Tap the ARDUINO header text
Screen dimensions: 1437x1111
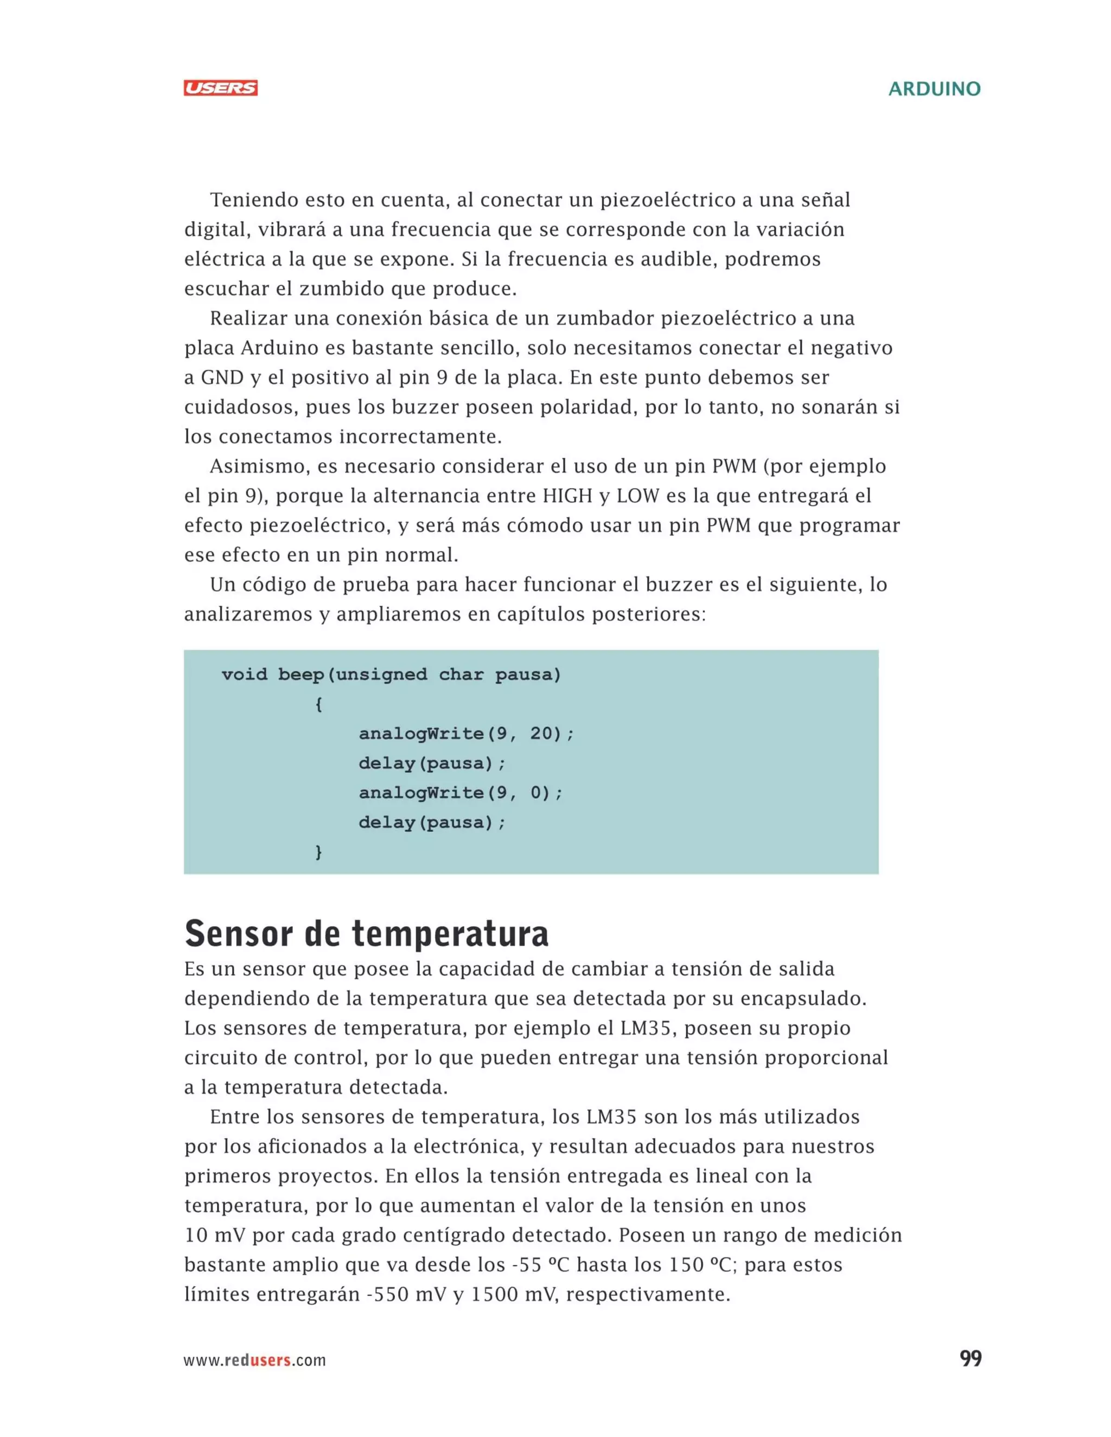coord(934,89)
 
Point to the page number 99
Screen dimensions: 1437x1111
coord(970,1359)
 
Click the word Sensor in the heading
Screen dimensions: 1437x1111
coord(238,934)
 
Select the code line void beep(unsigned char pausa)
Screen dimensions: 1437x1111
coord(391,675)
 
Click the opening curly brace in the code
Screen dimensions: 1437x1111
coord(318,704)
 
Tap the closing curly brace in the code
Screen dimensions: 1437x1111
coord(318,852)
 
